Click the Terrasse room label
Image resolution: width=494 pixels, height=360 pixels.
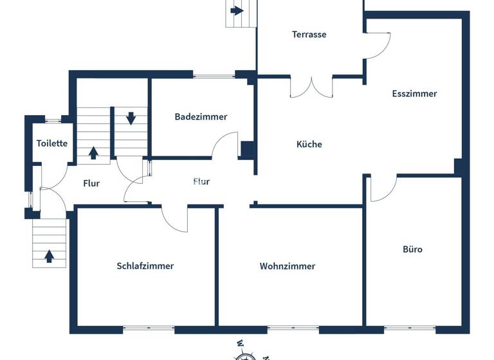[x=309, y=34]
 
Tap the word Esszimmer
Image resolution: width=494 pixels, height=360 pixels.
[x=414, y=93]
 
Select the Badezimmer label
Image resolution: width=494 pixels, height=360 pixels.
[x=201, y=116]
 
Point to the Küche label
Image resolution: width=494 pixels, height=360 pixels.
[x=309, y=144]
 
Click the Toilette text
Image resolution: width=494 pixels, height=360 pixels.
[x=52, y=143]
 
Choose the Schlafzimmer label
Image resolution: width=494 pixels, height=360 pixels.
[x=145, y=265]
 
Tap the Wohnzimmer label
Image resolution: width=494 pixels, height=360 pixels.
[x=288, y=265]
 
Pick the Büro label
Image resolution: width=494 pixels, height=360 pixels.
[x=412, y=249]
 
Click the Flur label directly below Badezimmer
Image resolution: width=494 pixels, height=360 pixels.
[x=201, y=181]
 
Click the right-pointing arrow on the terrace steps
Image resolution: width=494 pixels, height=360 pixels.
[x=237, y=10]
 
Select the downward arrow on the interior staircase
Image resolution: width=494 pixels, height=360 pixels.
[x=131, y=118]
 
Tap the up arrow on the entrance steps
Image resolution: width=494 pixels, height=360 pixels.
[x=49, y=256]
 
